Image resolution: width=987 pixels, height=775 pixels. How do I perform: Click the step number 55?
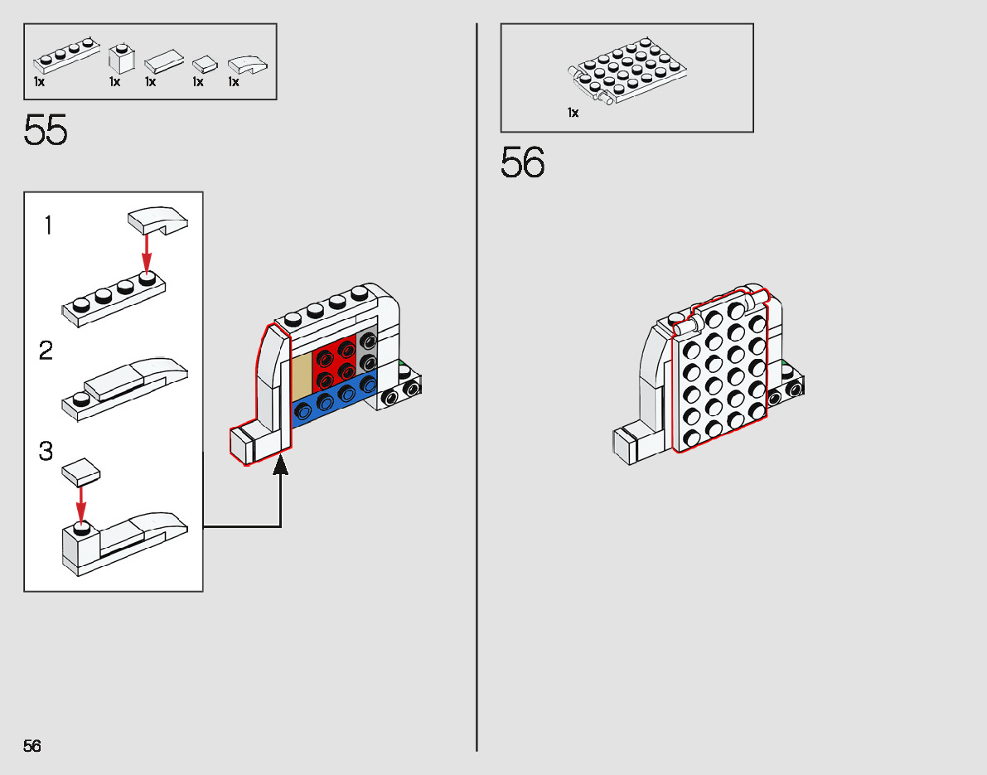point(46,131)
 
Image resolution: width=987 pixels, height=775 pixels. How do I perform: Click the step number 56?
point(523,162)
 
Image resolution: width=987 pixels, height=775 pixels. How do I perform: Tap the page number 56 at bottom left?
point(32,746)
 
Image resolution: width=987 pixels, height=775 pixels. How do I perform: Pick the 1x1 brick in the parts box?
point(121,59)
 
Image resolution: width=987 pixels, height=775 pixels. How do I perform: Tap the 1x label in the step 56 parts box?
point(573,113)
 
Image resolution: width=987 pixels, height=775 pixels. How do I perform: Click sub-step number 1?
point(48,225)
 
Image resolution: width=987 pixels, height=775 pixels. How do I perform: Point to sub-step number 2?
point(46,351)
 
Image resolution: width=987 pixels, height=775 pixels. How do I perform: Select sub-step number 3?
point(46,452)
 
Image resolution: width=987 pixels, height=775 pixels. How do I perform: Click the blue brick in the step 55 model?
point(331,404)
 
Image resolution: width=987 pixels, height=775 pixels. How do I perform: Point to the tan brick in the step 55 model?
point(302,373)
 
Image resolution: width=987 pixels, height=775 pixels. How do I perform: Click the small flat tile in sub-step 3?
point(81,473)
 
